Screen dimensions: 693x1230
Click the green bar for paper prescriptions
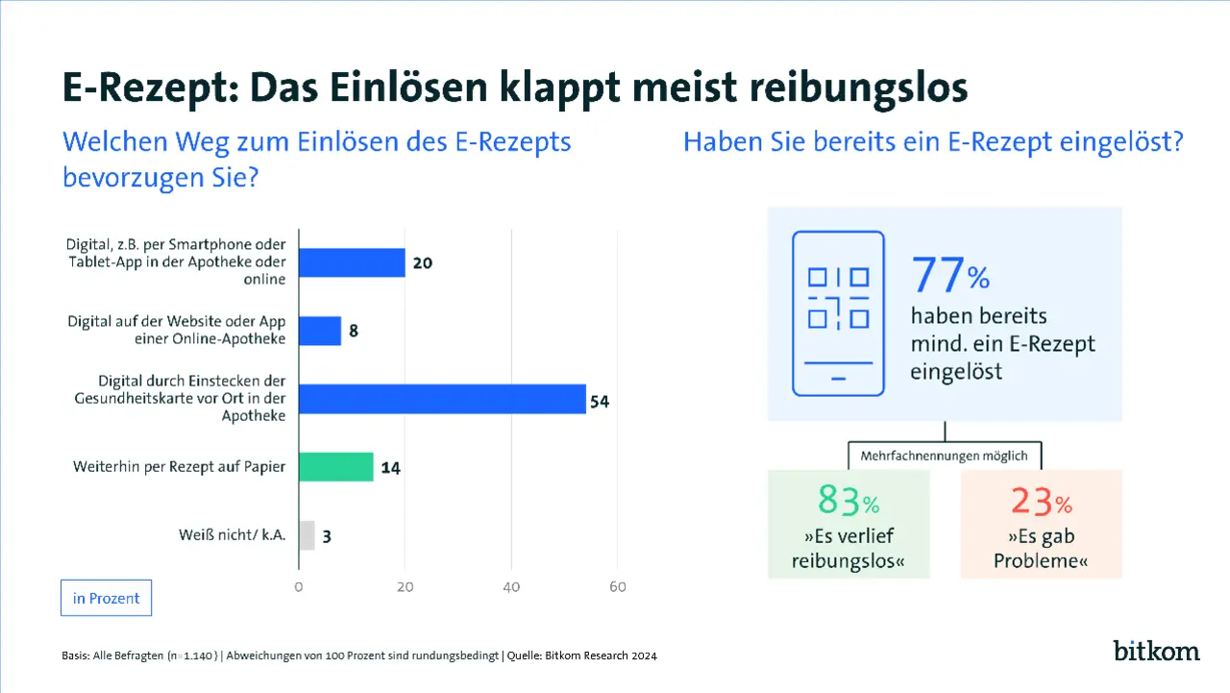[335, 467]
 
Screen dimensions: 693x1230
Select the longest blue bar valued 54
[442, 399]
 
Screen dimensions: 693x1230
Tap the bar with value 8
[320, 331]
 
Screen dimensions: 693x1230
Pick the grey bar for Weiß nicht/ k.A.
[307, 535]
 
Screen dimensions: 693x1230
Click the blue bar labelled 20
[352, 262]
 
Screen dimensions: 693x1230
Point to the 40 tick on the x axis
[511, 587]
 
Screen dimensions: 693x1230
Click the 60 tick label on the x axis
[618, 587]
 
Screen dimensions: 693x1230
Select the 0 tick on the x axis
[299, 587]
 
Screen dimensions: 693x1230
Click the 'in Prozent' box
[106, 598]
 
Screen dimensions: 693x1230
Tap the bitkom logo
[1156, 651]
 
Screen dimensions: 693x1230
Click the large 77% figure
[949, 276]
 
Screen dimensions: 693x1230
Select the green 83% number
[849, 501]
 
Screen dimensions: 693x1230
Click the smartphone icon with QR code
[838, 313]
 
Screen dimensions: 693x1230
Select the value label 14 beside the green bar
[389, 468]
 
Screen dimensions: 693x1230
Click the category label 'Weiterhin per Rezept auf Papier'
[180, 468]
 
